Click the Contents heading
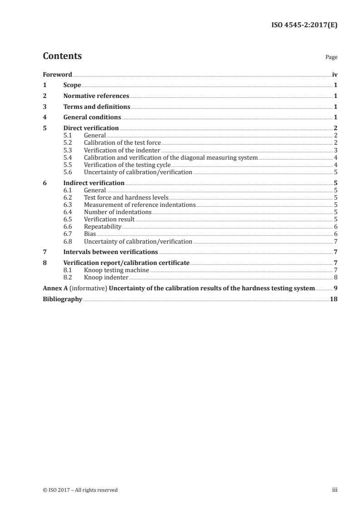tap(62, 56)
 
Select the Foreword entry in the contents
tap(57, 74)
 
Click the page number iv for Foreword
tap(335, 74)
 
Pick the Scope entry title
tap(72, 85)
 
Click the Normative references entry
tap(96, 96)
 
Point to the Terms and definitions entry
tap(97, 107)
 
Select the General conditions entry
tap(92, 117)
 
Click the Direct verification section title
tap(91, 128)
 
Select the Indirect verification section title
tap(94, 183)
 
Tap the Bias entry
tap(90, 234)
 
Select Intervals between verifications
tap(111, 252)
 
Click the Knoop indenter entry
tap(106, 277)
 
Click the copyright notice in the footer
tap(80, 490)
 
